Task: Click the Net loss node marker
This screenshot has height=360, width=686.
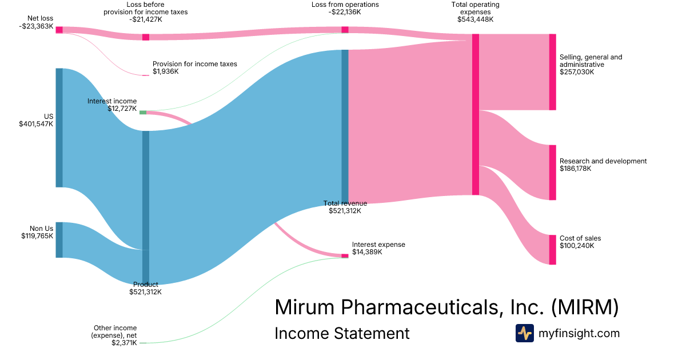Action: coord(59,30)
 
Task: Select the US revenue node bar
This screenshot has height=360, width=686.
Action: coord(59,127)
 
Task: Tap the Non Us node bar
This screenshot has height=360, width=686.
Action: coord(59,239)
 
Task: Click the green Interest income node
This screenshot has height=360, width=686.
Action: coord(143,112)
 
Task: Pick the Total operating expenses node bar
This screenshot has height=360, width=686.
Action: coord(476,114)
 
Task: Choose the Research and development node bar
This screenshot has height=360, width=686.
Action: coord(552,173)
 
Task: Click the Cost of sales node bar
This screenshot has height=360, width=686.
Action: coord(552,250)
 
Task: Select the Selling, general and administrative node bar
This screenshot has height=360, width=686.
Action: coord(552,72)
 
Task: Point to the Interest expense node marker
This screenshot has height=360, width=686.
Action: coord(345,256)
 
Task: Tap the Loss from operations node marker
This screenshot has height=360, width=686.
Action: coord(345,30)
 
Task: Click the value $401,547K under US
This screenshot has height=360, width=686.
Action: coord(36,124)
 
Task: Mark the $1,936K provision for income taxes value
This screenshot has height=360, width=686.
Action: coord(165,72)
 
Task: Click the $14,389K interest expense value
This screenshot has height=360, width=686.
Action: coord(367,252)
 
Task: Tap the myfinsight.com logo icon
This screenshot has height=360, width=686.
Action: coord(524,333)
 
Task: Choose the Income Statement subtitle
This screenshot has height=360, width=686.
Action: coord(342,333)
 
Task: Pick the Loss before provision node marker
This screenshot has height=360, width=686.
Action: coord(146,37)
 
